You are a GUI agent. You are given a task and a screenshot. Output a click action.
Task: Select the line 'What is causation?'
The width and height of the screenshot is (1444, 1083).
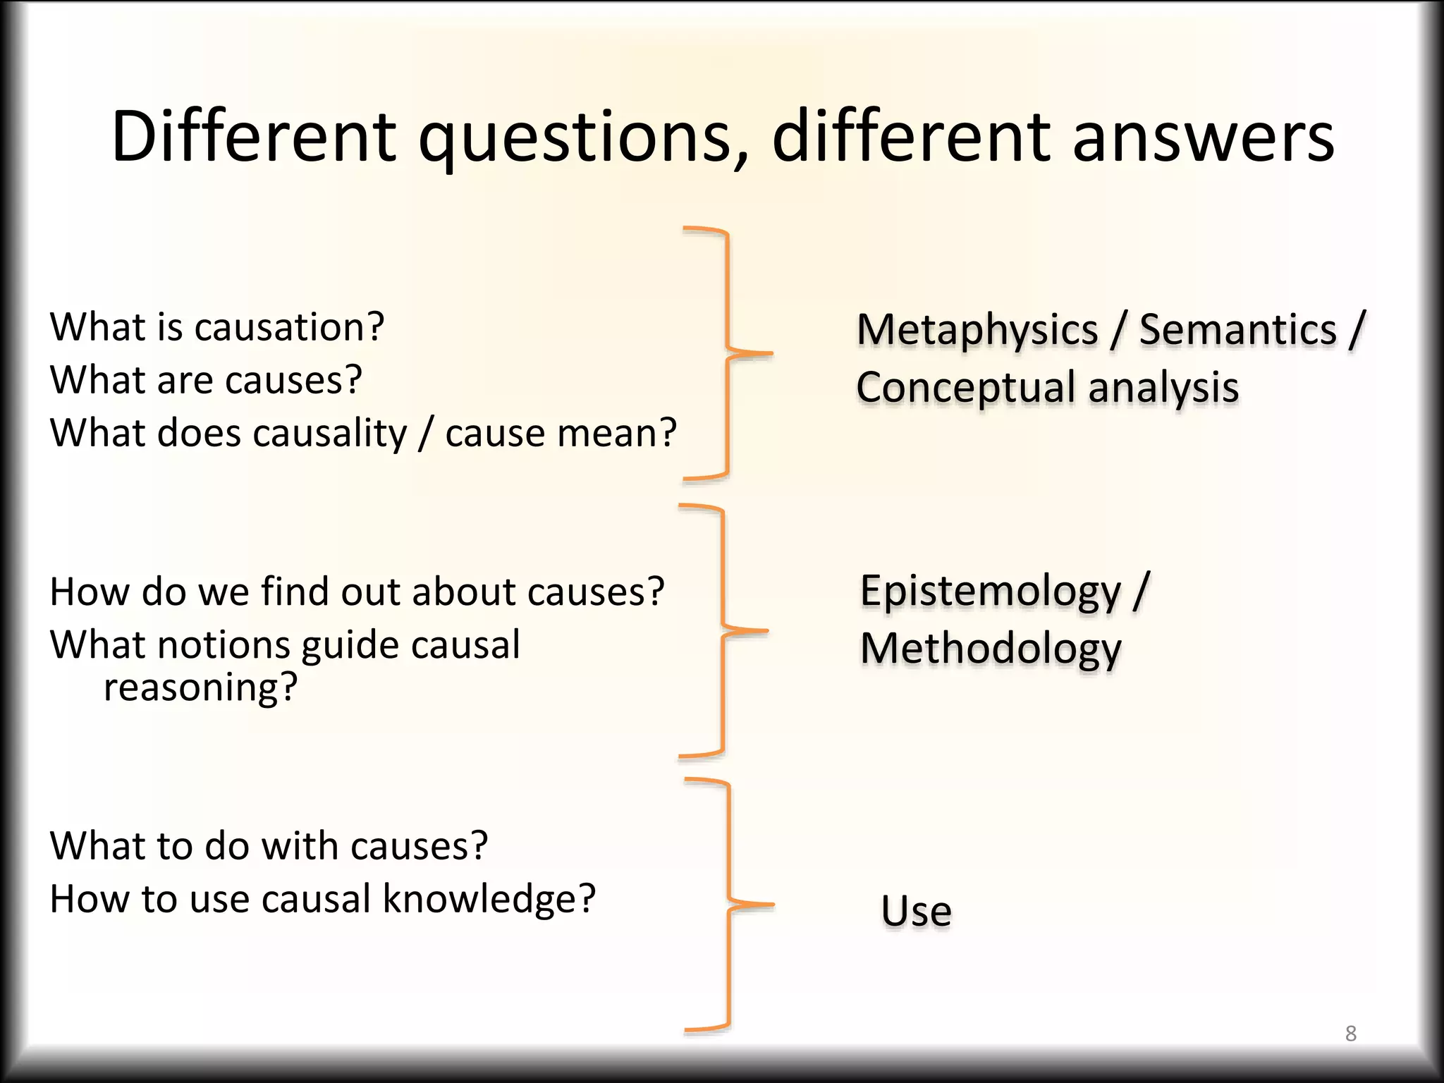click(217, 327)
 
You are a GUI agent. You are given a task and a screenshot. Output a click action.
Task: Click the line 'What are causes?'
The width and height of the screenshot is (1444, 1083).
click(206, 380)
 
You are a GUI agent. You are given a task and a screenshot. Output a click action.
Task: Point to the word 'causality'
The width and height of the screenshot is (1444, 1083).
click(330, 433)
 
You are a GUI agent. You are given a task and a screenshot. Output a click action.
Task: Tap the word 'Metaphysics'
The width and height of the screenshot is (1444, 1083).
click(977, 330)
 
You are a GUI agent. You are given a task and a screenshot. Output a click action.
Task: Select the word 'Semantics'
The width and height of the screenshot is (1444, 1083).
click(1237, 330)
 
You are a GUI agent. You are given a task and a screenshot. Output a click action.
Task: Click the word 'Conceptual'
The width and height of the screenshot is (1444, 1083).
click(966, 388)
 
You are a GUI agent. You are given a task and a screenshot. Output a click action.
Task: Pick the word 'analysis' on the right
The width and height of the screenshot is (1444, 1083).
click(1163, 388)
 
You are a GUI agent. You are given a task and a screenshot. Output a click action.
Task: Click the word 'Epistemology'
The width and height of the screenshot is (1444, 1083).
click(990, 591)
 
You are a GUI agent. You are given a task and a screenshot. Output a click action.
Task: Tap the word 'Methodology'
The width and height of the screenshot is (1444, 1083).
click(990, 649)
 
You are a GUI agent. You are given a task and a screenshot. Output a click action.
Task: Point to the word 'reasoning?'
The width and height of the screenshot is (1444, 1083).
click(201, 687)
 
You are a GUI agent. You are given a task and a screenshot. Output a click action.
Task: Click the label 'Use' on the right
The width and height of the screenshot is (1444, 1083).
click(916, 911)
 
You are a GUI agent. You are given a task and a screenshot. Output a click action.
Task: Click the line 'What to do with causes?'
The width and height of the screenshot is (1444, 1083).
click(269, 845)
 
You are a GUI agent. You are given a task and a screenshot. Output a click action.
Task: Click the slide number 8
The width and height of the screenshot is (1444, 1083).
click(1350, 1034)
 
